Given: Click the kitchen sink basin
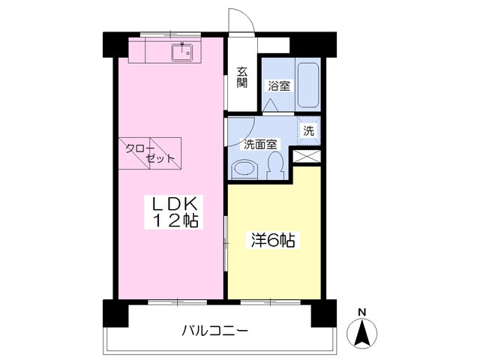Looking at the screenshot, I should [181, 53].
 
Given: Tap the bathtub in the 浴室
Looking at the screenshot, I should [308, 85].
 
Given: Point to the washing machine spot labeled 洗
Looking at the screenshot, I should [309, 130].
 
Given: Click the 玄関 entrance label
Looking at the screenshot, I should [242, 77].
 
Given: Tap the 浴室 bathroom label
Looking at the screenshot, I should [279, 86].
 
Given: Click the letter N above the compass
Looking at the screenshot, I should [361, 311].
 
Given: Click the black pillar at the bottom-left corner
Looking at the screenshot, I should [111, 312].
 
